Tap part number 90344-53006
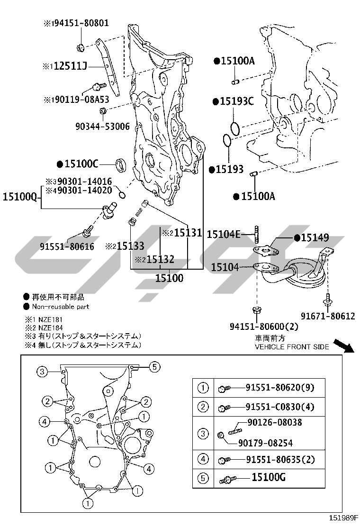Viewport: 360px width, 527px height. [x=102, y=126]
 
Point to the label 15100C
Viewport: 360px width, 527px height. [x=81, y=164]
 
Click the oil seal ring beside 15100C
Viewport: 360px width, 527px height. [x=122, y=165]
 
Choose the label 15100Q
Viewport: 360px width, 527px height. [x=19, y=196]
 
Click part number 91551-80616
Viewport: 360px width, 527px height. [x=67, y=246]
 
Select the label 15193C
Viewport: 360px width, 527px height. [x=237, y=101]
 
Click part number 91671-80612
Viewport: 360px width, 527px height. [x=328, y=316]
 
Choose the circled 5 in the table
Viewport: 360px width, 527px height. [x=203, y=478]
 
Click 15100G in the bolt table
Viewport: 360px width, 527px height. [x=268, y=478]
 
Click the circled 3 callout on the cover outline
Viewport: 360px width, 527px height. [x=42, y=372]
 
